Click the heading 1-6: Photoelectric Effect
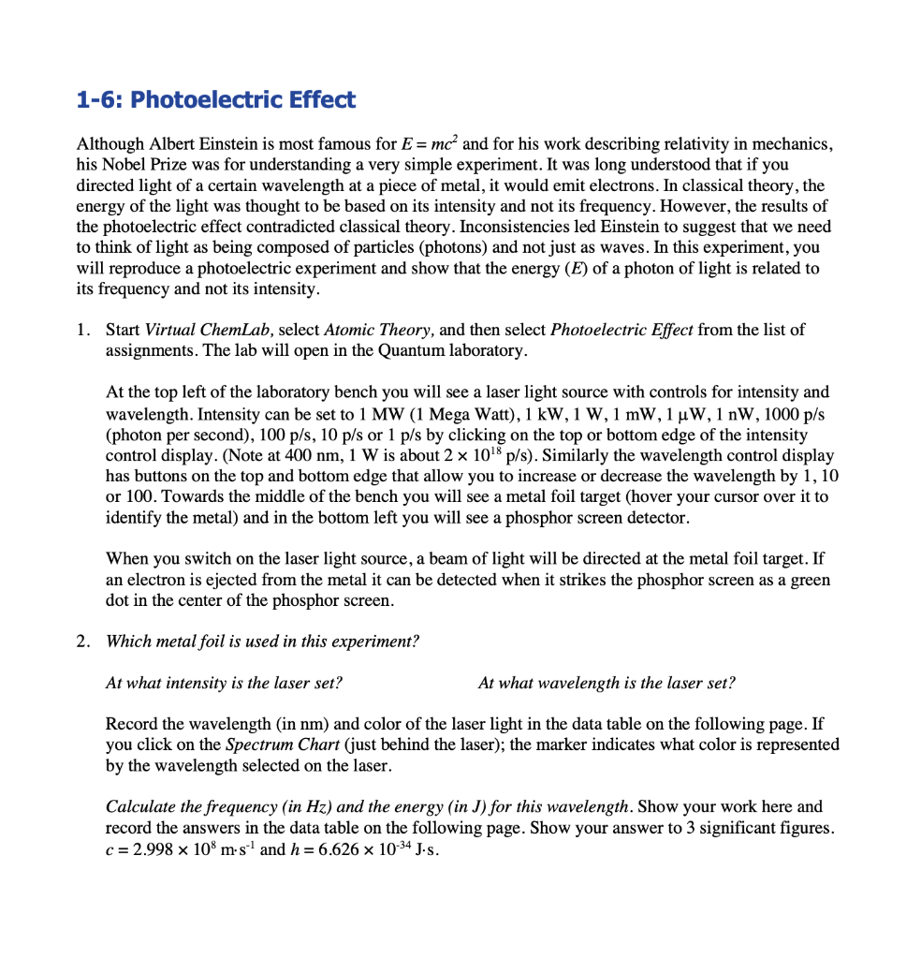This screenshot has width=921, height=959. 215,100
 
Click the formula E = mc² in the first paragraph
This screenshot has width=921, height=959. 431,144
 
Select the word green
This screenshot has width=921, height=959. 809,579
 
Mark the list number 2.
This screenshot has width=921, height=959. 84,642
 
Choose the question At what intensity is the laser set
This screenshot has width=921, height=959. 224,683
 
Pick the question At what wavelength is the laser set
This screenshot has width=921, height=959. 606,683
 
